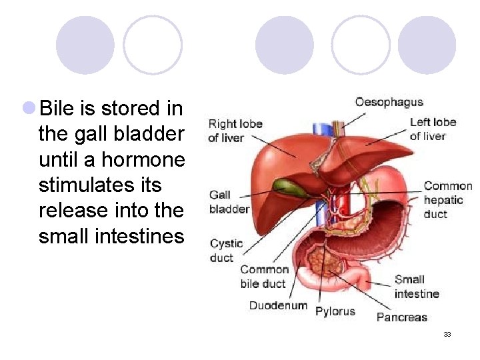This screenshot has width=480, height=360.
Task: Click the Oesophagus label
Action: [x=389, y=102]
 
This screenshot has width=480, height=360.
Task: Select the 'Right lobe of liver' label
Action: [x=235, y=131]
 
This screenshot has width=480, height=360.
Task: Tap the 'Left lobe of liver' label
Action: [x=433, y=129]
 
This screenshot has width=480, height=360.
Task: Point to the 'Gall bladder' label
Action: [x=229, y=201]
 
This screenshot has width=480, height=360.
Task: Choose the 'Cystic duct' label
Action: [x=226, y=250]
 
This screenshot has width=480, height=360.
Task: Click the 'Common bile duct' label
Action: [x=264, y=277]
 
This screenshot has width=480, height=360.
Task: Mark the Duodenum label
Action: [x=278, y=306]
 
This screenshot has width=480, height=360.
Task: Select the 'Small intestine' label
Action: [x=417, y=287]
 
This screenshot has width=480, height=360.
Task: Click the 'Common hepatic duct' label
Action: [x=448, y=200]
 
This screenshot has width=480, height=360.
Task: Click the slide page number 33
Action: [x=447, y=334]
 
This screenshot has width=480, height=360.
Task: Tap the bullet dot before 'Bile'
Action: [x=29, y=107]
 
